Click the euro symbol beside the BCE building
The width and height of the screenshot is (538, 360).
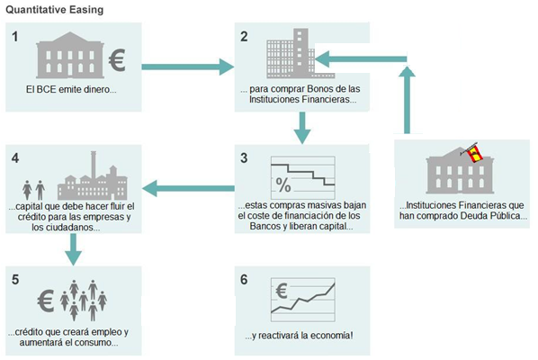[x=118, y=60]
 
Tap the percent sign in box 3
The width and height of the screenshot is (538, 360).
[x=283, y=186]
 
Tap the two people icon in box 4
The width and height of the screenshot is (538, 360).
[x=33, y=189]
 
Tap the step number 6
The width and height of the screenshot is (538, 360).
[x=244, y=278]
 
